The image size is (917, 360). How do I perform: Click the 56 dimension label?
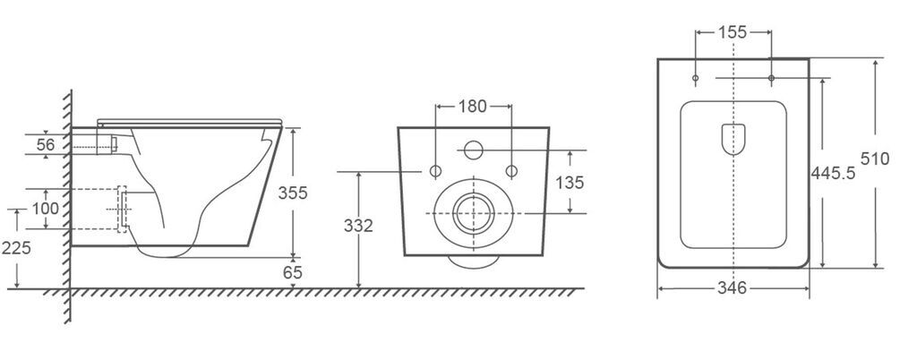pos(46,144)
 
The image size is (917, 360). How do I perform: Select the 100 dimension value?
pos(45,209)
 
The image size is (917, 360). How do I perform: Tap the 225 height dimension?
pos(16,248)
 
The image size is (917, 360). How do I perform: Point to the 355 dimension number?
pos(293,193)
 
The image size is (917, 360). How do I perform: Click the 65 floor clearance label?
pos(293,272)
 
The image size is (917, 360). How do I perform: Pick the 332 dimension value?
pos(358,227)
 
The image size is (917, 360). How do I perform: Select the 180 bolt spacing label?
pos(473,107)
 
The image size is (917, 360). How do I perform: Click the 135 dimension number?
pos(569,183)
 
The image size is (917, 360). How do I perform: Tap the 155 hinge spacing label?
pos(733,32)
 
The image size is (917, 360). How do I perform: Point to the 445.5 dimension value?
pos(833,173)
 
